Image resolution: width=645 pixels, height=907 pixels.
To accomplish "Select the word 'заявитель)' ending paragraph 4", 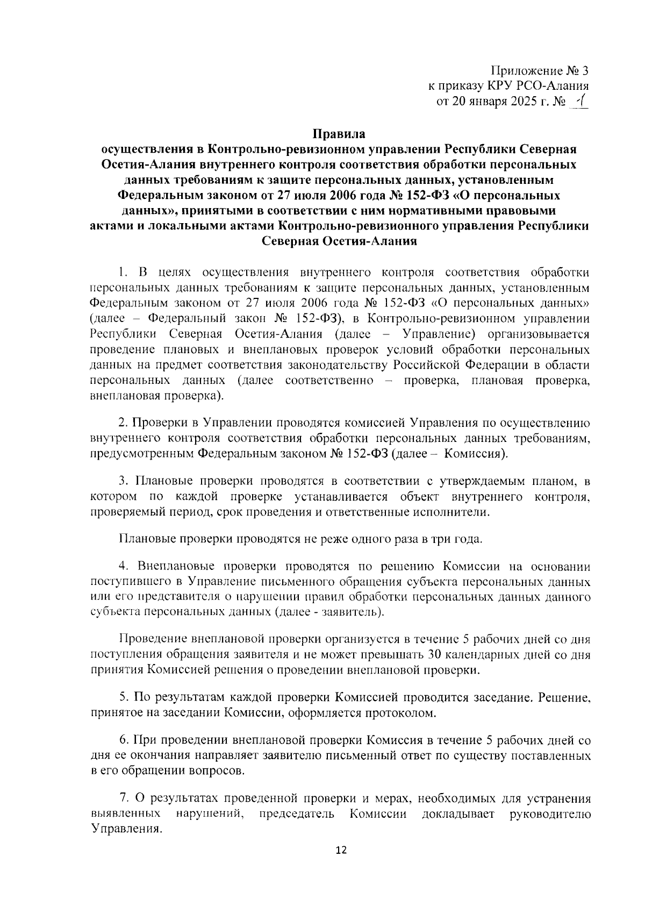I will [353, 612].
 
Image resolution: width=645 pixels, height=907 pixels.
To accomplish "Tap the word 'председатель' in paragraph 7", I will [297, 814].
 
